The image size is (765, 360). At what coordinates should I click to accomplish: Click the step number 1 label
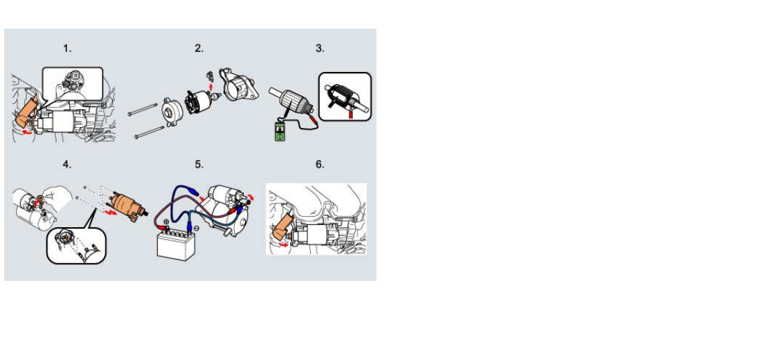click(x=67, y=48)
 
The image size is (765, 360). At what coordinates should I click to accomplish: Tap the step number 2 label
click(x=199, y=48)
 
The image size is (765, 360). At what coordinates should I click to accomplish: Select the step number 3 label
click(x=319, y=48)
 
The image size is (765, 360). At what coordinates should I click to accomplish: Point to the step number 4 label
click(x=67, y=164)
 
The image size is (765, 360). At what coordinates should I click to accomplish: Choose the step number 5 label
click(x=199, y=164)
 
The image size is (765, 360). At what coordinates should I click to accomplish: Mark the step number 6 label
click(x=319, y=164)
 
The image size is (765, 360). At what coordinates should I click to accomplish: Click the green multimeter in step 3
click(x=279, y=132)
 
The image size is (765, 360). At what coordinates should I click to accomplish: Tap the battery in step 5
click(x=176, y=245)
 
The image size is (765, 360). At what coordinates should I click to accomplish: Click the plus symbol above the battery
click(x=166, y=222)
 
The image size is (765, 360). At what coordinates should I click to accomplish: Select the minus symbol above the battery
click(x=196, y=228)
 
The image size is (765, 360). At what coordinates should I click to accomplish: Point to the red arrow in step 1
click(x=29, y=131)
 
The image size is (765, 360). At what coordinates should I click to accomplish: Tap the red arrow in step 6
click(x=282, y=245)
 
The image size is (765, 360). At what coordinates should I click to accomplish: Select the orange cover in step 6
click(x=282, y=224)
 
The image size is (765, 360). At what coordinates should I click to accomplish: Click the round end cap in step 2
click(x=172, y=112)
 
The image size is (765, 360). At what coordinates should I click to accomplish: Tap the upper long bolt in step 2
click(x=143, y=110)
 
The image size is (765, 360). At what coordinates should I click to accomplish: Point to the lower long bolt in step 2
click(x=149, y=132)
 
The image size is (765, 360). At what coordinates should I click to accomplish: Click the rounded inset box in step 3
click(x=345, y=96)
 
